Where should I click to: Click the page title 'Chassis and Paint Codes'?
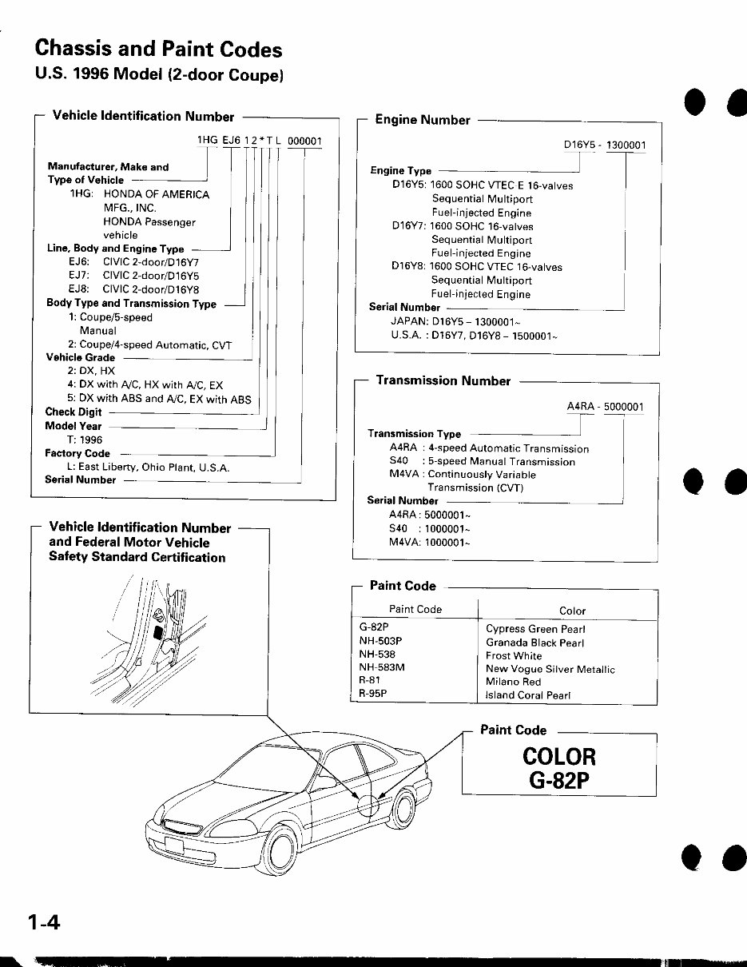coord(158,50)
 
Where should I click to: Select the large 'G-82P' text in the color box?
coord(558,780)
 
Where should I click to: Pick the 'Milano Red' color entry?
coord(513,682)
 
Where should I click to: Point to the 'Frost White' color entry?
coord(514,655)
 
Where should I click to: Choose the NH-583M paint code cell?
coord(382,668)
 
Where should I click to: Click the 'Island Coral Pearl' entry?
coord(528,695)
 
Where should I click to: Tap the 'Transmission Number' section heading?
coord(443,381)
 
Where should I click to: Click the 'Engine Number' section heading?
coord(423,120)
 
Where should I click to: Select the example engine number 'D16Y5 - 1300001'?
coord(605,145)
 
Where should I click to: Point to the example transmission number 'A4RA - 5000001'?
coord(605,406)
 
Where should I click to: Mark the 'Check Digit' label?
coord(74,412)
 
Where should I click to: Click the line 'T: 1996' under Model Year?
coord(85,440)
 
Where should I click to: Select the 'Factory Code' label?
coord(77,453)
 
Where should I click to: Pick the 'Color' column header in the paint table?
coord(572,611)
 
